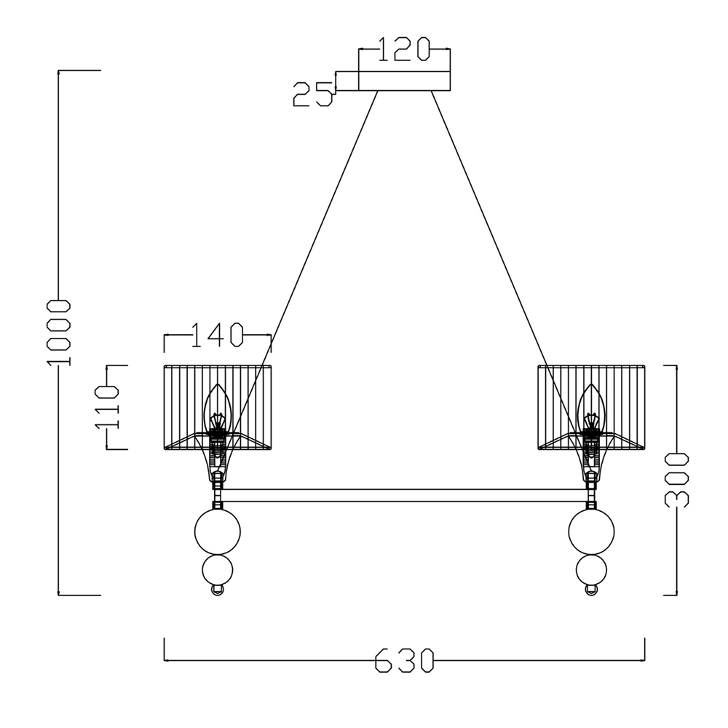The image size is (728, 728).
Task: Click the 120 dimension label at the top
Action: (403, 50)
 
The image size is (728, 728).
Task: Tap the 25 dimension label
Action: (313, 94)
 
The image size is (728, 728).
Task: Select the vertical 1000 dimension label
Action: (58, 333)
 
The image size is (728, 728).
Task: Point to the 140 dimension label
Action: (217, 335)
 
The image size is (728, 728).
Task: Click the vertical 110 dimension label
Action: (107, 407)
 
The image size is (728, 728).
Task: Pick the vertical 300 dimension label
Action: (677, 480)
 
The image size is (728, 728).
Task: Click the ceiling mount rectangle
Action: (404, 81)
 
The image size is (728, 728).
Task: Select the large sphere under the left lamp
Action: (217, 531)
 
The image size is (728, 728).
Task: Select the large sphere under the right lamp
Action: (591, 531)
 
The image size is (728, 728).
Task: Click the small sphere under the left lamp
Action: (217, 570)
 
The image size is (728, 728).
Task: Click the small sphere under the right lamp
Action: (591, 570)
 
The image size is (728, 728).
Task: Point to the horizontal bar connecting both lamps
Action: (404, 495)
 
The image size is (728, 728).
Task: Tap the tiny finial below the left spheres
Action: (217, 590)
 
